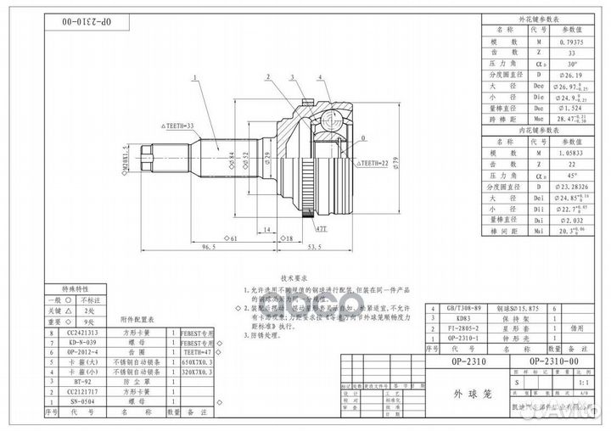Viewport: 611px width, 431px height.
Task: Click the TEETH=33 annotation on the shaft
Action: [177, 126]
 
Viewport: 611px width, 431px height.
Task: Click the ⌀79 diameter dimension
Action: [395, 162]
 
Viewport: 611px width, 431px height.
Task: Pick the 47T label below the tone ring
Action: [322, 228]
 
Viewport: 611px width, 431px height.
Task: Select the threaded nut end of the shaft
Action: [147, 159]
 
